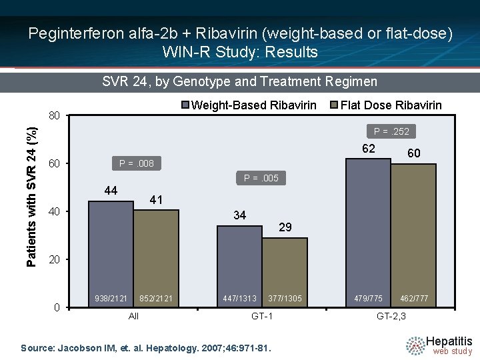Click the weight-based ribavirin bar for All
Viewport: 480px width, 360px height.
coord(111,254)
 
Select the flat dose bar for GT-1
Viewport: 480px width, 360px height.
coord(285,272)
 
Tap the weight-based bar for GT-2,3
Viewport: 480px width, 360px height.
coord(368,233)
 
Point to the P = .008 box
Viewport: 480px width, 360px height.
coord(137,163)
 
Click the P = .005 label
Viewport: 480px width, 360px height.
coord(261,178)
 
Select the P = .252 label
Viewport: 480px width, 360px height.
coord(391,131)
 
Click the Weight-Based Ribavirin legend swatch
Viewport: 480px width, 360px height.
coord(185,105)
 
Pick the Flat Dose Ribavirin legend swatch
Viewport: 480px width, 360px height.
coord(334,105)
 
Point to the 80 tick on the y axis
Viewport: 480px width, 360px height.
coord(54,116)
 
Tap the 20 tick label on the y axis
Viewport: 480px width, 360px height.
coord(54,259)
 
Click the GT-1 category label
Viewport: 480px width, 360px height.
coord(262,316)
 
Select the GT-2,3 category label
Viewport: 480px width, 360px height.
coord(391,316)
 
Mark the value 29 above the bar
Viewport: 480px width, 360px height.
coord(285,227)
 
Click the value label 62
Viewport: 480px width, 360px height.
coord(368,149)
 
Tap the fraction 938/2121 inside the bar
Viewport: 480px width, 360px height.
coord(111,298)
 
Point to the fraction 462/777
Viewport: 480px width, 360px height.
coord(414,298)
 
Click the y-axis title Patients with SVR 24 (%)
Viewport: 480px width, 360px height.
coord(31,197)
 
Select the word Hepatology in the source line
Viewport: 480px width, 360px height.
coord(171,349)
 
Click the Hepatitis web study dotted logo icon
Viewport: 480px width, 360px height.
coord(415,345)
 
